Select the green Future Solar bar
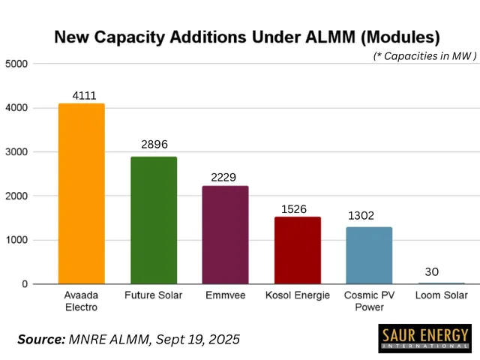(x=154, y=220)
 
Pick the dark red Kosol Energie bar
(x=297, y=250)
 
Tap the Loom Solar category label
(x=440, y=295)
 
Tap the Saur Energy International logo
(x=424, y=338)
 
